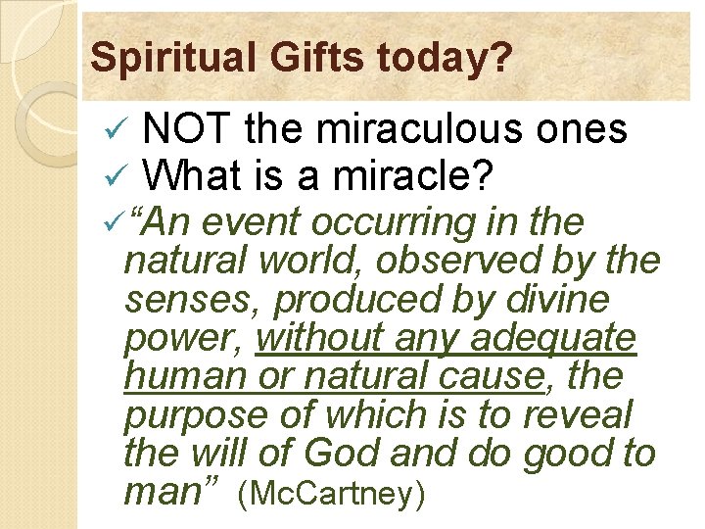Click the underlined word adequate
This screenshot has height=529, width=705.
click(554, 338)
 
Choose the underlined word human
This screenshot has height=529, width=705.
click(183, 376)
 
